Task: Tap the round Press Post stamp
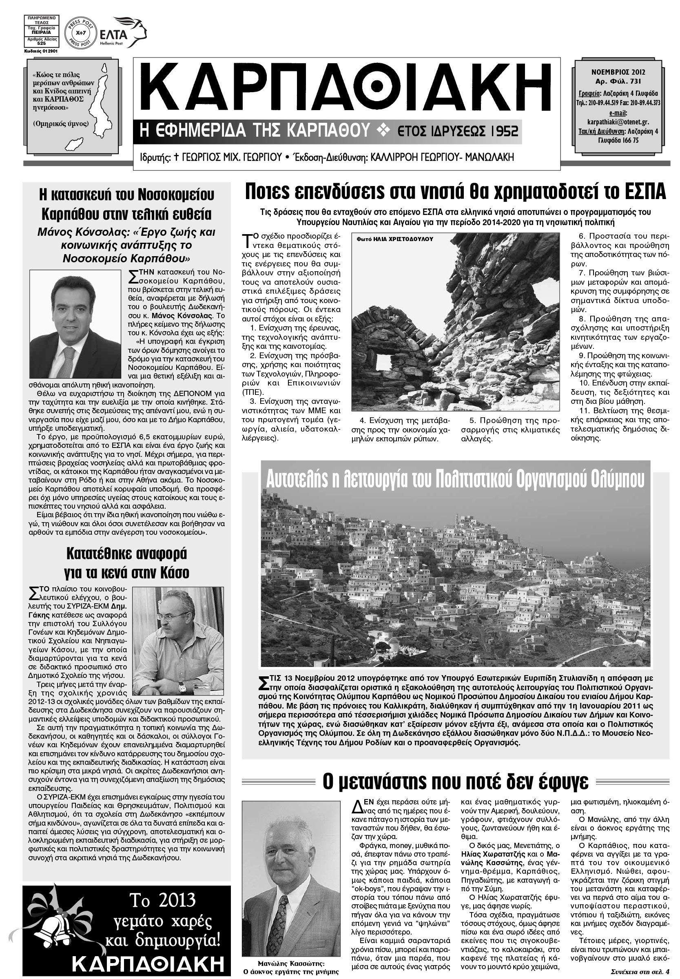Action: tap(79, 32)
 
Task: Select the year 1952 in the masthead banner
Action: tap(504, 131)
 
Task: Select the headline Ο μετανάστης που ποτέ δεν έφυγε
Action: tap(455, 781)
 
